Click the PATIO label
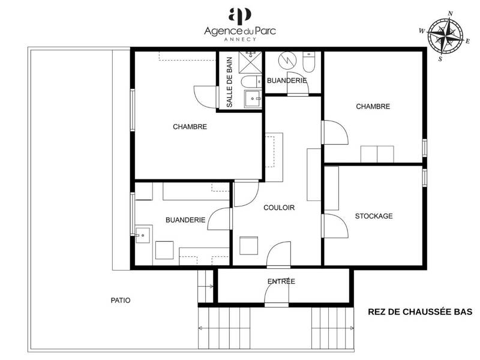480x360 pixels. coord(120,300)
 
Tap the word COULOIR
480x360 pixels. coord(279,208)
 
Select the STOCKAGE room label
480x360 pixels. coord(373,216)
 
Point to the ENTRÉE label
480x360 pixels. coord(281,281)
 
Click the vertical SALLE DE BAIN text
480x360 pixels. coord(229,82)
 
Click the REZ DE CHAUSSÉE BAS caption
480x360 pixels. coord(420,312)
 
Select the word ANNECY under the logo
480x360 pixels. coord(240,39)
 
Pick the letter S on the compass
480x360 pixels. coord(440,59)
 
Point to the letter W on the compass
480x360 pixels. coord(422,30)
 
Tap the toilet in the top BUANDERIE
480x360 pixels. coord(308,63)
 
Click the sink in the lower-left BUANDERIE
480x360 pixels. coord(143,235)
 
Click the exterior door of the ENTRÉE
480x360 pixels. coord(277,293)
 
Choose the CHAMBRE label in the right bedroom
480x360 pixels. coord(373,106)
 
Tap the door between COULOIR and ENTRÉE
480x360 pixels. coord(278,255)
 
